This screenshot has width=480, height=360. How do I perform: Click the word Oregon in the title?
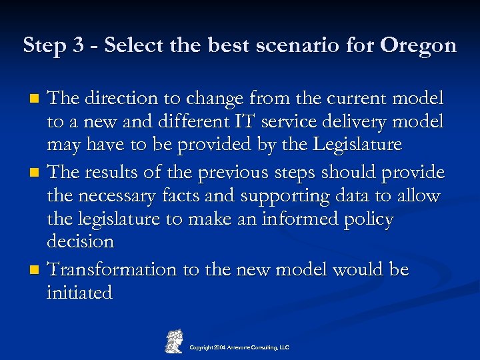[x=418, y=45]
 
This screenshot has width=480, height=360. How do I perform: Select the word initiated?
[x=79, y=293]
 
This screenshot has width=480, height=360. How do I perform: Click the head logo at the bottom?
[x=174, y=340]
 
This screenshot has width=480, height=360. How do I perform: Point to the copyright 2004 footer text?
[x=239, y=347]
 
